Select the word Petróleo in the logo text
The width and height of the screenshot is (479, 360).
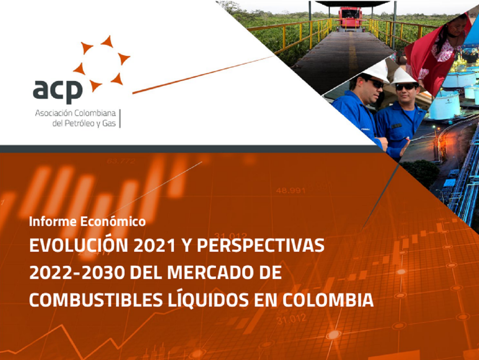point(80,124)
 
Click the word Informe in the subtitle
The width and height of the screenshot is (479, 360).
point(53,222)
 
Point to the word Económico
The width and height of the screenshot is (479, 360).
point(113,222)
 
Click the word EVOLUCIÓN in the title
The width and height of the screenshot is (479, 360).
point(78,246)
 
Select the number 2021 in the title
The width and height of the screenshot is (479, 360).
point(154,246)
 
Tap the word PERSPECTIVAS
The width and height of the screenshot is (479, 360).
point(261,246)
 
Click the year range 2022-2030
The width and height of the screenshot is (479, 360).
point(77,273)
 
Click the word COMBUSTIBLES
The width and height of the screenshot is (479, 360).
point(96,300)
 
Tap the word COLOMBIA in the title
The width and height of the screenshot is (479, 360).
point(328,300)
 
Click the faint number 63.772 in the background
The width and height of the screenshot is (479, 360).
point(121,161)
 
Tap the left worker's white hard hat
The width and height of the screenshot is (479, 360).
point(376,72)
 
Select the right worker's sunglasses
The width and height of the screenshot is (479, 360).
point(406,87)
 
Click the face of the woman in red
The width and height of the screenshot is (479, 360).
point(457,25)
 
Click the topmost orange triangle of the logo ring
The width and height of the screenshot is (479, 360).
point(108,42)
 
